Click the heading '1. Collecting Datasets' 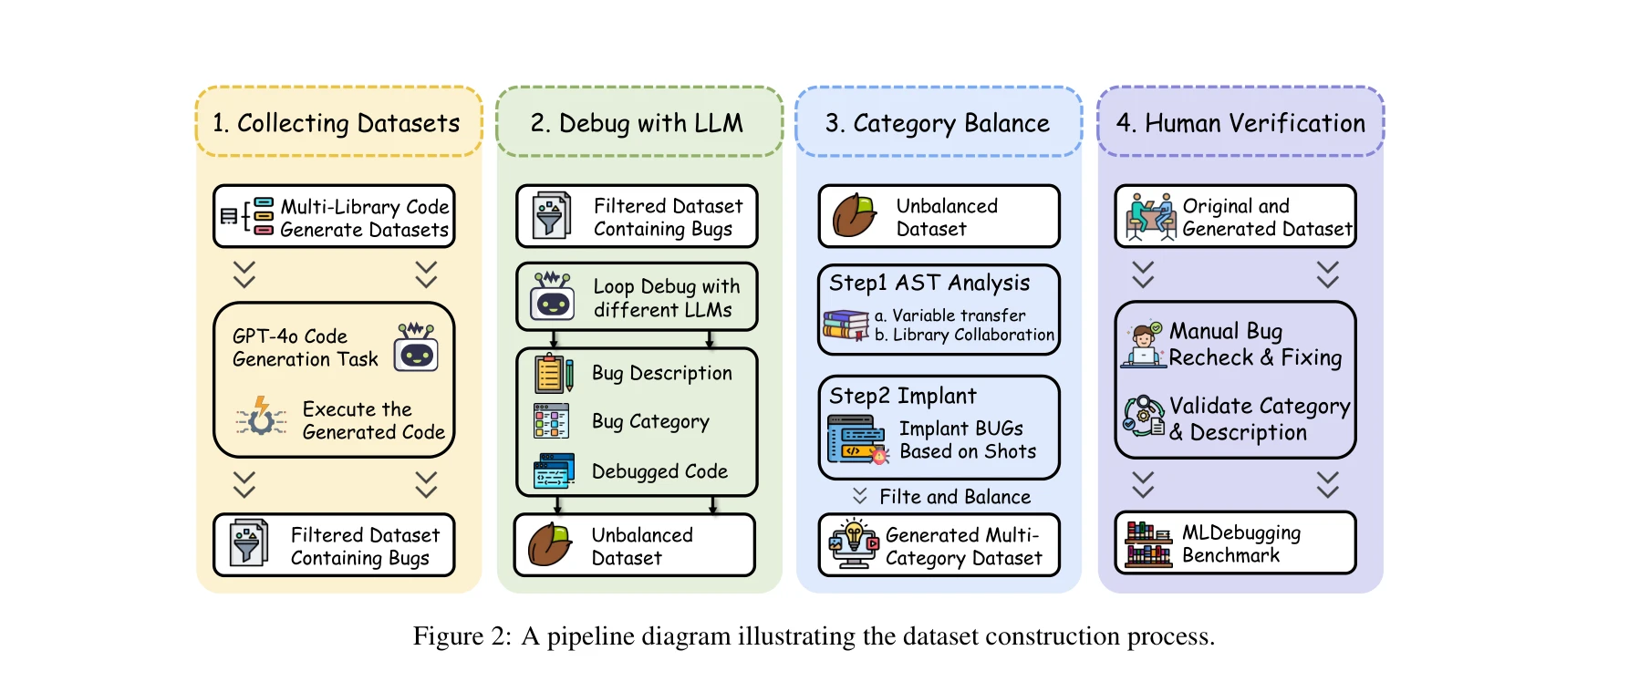pos(337,123)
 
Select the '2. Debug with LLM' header pos(638,123)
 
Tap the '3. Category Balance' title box pos(938,123)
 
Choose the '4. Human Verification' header pos(1240,123)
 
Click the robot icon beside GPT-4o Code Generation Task pos(416,347)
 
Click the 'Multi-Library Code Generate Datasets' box pos(334,217)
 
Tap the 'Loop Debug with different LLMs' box pos(637,297)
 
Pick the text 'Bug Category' pos(650,421)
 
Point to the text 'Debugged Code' pos(659,471)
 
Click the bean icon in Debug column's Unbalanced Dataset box pos(550,545)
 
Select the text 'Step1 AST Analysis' pos(929,283)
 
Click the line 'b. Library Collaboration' pos(964,335)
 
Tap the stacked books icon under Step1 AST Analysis pos(846,325)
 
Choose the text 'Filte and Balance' pos(954,497)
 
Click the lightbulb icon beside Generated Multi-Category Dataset pos(853,542)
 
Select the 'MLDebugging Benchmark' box pos(1235,543)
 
